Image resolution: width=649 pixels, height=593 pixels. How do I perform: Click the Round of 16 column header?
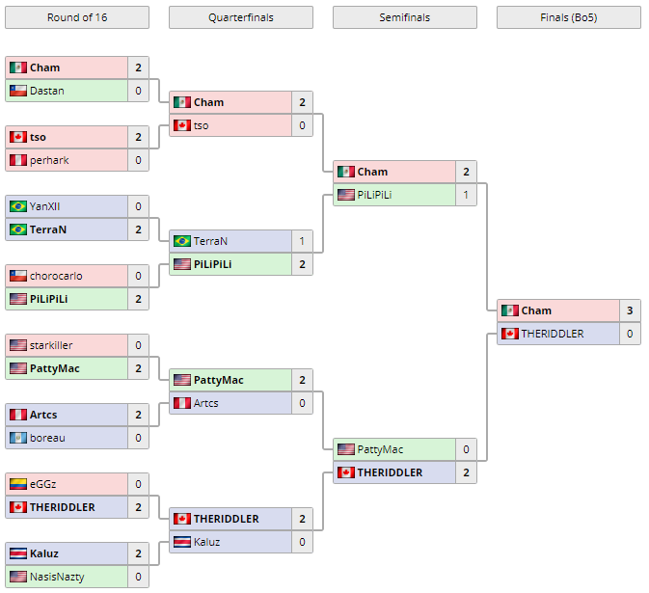tap(77, 17)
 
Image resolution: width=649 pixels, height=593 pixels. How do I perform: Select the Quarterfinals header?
tap(240, 17)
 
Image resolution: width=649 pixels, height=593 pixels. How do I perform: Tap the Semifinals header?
tap(404, 17)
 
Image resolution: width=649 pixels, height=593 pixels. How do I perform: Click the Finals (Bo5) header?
tap(568, 17)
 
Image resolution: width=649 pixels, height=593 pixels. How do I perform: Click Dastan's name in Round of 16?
tap(47, 91)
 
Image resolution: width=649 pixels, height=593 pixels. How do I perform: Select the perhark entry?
tap(49, 160)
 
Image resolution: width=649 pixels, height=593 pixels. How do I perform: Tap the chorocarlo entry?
tap(56, 276)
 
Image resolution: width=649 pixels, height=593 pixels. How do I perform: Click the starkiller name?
tap(51, 345)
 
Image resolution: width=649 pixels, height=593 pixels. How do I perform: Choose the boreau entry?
tap(48, 438)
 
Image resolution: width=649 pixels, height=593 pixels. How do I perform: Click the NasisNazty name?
tap(57, 577)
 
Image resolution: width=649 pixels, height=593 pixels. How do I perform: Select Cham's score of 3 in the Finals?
tap(630, 310)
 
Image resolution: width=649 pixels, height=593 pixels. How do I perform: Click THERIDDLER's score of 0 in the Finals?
tap(630, 334)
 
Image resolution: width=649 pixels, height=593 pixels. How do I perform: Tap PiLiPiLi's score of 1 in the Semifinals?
tap(466, 195)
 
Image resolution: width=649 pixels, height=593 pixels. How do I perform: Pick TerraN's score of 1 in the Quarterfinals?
tap(302, 241)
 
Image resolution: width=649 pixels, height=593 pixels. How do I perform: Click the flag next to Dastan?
tap(17, 91)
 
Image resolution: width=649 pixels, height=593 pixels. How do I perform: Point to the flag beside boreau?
tap(17, 438)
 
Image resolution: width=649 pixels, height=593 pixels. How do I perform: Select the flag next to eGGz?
tap(17, 484)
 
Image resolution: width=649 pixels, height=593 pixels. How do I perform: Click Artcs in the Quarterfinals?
tap(205, 403)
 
